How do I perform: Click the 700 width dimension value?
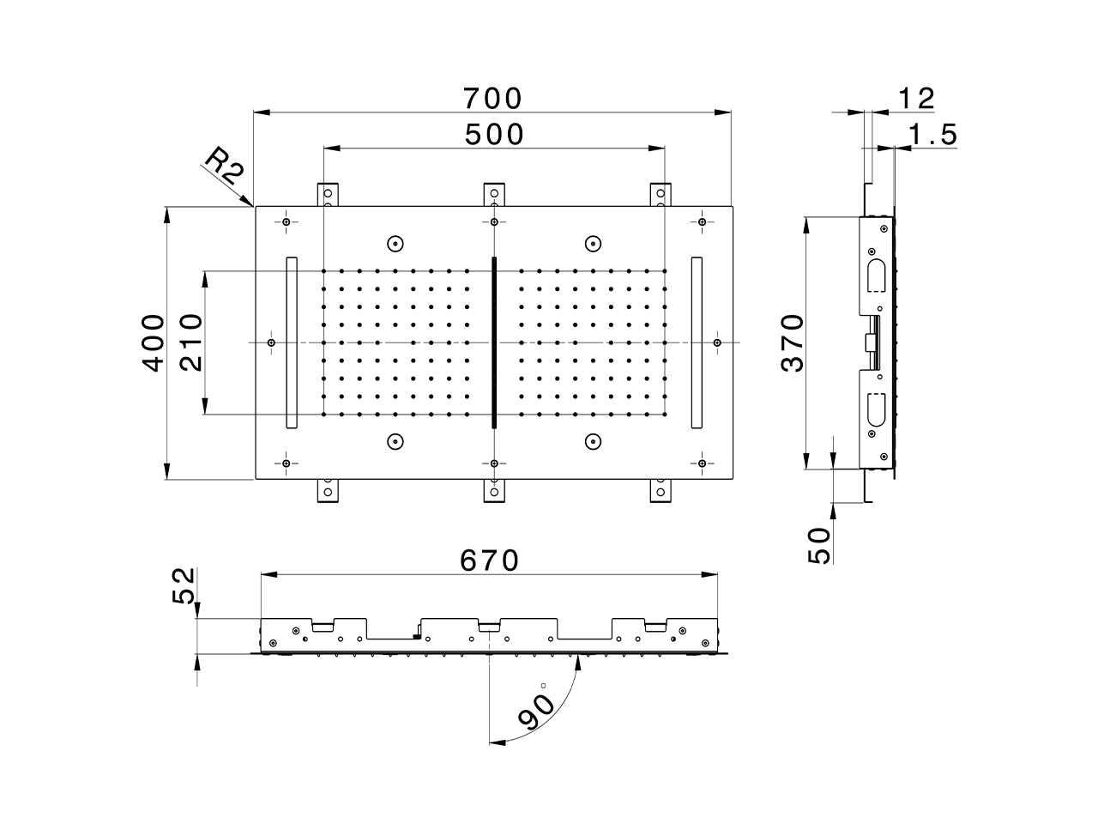[492, 99]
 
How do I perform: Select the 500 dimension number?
[493, 135]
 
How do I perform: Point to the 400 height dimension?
[154, 342]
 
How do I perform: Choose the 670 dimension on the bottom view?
[490, 560]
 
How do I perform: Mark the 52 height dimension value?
[184, 585]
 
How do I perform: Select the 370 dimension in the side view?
[793, 342]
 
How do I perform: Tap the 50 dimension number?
[820, 546]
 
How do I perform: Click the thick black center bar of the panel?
[494, 342]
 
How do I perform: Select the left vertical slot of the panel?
[291, 342]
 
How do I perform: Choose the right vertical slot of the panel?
[697, 342]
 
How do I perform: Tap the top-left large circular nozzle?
[395, 243]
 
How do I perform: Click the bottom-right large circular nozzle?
[592, 441]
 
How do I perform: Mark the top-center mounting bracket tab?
[494, 195]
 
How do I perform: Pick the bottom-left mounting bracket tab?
[329, 490]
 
